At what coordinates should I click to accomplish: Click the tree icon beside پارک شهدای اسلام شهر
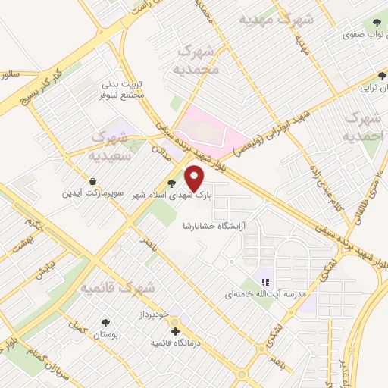point(172,183)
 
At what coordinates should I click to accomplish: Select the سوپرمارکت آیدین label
point(92,194)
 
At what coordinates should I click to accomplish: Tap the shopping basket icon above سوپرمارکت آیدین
point(92,182)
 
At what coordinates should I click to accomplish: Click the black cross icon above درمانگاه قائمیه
point(175,331)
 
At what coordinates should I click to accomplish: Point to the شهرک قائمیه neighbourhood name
point(118,288)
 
